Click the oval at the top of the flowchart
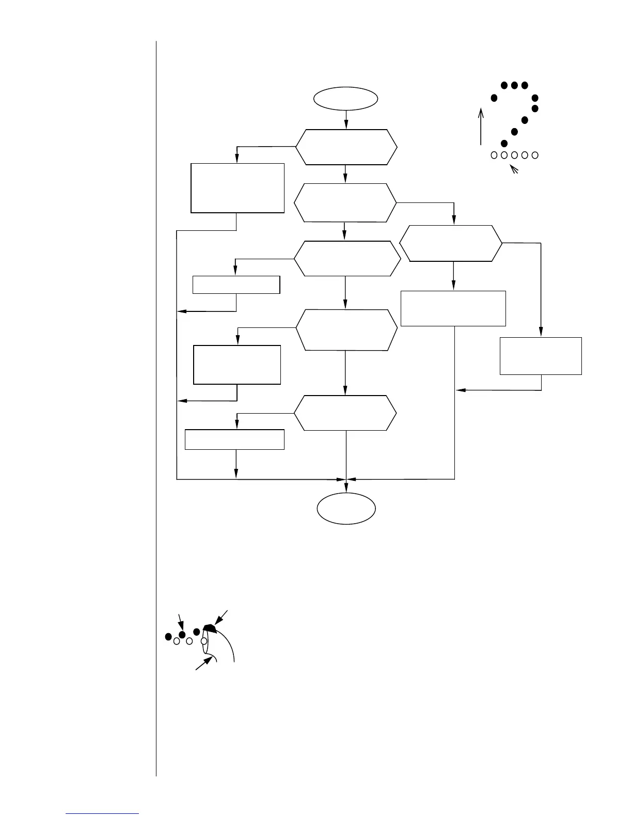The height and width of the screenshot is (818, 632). point(346,98)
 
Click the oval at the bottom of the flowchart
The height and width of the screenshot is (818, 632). point(346,509)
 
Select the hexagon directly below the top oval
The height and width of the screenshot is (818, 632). point(346,147)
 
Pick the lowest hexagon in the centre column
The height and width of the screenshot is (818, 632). point(345,413)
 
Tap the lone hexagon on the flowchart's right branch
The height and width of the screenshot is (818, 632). point(451,243)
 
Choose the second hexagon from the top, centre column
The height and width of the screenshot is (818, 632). point(345,203)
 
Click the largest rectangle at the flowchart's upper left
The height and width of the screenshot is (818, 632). point(238,188)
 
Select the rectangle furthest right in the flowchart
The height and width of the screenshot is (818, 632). point(541,356)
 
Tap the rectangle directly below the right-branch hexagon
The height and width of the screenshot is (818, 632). point(453,308)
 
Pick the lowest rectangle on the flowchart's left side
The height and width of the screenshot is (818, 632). point(234,439)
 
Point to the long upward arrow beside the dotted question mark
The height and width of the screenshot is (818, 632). point(481,127)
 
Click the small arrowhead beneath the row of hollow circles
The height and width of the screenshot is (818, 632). point(513,168)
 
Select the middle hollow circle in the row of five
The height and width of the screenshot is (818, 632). point(514,154)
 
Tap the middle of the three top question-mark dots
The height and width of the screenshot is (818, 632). point(514,85)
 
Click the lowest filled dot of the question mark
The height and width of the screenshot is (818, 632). point(504,143)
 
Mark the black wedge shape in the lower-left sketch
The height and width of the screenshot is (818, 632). point(209,627)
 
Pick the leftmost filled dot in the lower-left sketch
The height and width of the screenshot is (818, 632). point(168,636)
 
